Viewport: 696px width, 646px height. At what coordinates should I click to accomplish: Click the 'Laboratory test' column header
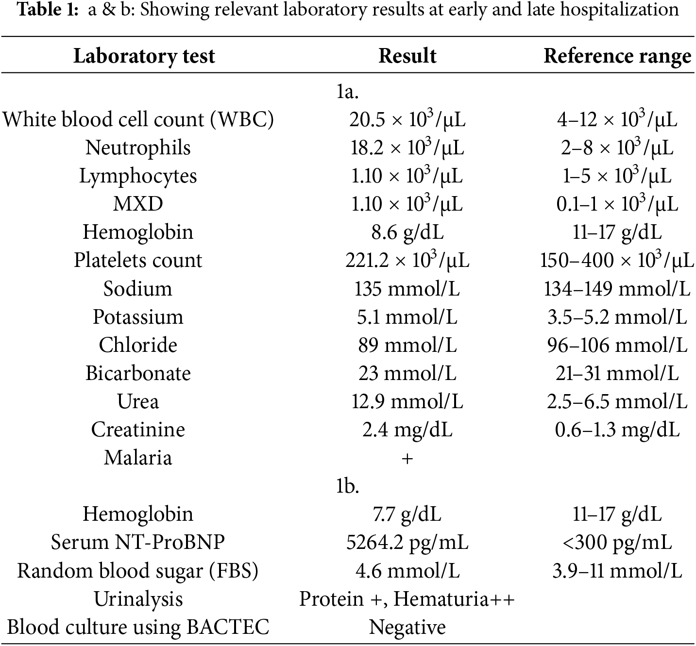coord(144,56)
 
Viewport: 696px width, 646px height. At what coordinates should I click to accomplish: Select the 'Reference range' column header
coord(617,56)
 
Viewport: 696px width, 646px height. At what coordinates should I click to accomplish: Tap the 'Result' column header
coord(407,56)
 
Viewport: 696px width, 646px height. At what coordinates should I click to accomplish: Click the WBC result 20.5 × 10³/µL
coord(407,119)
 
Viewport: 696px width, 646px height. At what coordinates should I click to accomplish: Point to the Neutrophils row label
coord(138,148)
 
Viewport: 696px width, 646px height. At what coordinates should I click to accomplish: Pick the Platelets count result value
coord(407,261)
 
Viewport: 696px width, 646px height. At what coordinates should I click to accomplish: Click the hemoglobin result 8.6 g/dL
coord(407,232)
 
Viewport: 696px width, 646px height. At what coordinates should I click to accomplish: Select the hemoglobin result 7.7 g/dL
coord(407,514)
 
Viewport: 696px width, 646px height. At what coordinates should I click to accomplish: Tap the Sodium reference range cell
coord(617,289)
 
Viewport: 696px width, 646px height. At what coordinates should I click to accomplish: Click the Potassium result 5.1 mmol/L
coord(407,317)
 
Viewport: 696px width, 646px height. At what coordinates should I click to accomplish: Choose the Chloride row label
coord(138,345)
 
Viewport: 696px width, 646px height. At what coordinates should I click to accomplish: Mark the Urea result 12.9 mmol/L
coord(407,401)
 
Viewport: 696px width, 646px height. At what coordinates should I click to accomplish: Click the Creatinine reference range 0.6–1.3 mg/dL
coord(617,430)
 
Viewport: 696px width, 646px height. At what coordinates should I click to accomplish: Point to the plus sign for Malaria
coord(407,459)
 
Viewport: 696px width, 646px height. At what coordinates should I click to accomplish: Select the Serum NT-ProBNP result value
coord(407,542)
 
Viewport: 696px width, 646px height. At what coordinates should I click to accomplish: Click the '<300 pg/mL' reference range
coord(617,542)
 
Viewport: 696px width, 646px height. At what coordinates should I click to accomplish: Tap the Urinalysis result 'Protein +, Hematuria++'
coord(407,599)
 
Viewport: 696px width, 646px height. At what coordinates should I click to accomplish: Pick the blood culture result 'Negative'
coord(407,627)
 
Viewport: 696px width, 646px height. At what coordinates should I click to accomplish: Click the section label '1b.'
coord(348,486)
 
